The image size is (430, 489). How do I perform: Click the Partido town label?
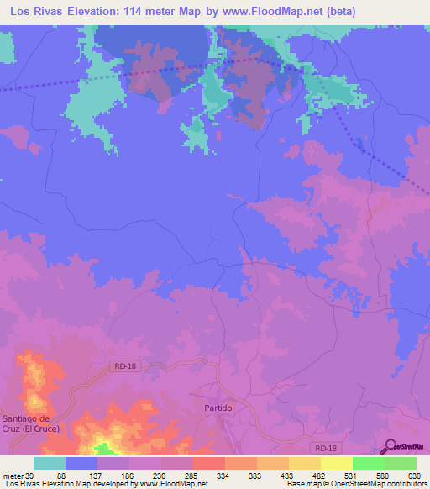(x=218, y=407)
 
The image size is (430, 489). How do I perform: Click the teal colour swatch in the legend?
(x=50, y=462)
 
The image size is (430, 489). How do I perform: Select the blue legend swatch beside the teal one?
(x=81, y=462)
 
